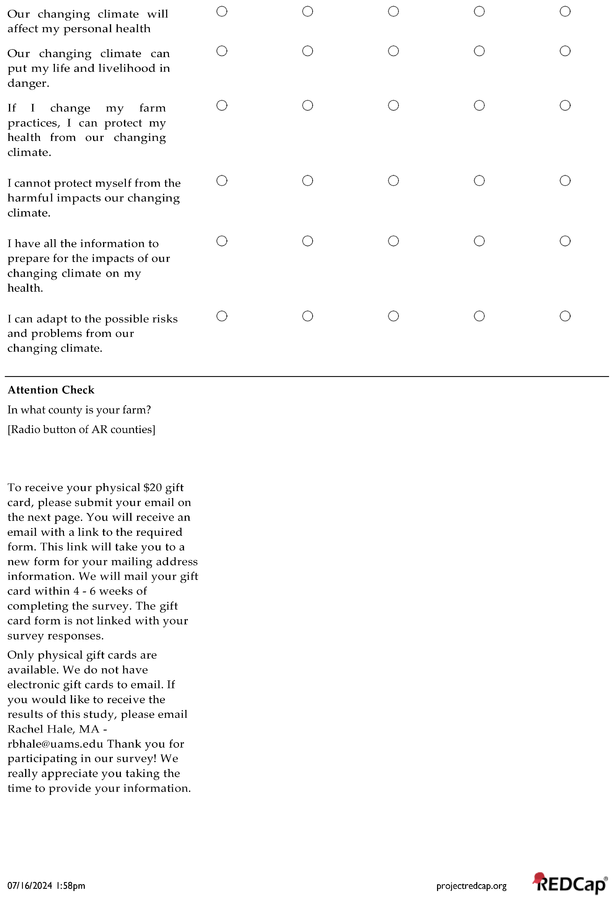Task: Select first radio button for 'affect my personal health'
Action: pos(222,12)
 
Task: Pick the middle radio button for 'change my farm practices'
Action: pos(393,105)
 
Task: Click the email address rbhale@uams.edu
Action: pos(55,744)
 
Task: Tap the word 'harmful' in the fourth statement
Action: pos(30,198)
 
